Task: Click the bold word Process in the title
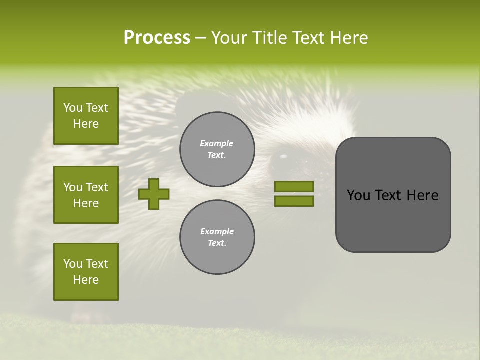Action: (157, 38)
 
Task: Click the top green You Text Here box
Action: (86, 116)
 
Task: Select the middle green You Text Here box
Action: (86, 195)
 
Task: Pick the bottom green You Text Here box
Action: (86, 272)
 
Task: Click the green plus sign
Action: (154, 194)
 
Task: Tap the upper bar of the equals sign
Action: (294, 187)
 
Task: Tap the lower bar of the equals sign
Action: (294, 201)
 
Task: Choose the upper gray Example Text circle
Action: (217, 149)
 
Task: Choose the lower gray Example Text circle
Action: (217, 237)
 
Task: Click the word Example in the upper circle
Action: (216, 144)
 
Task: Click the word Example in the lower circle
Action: (217, 232)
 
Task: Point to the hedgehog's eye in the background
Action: (283, 156)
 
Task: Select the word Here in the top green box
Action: (86, 124)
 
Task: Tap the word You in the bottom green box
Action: (73, 264)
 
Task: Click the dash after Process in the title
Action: (200, 38)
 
